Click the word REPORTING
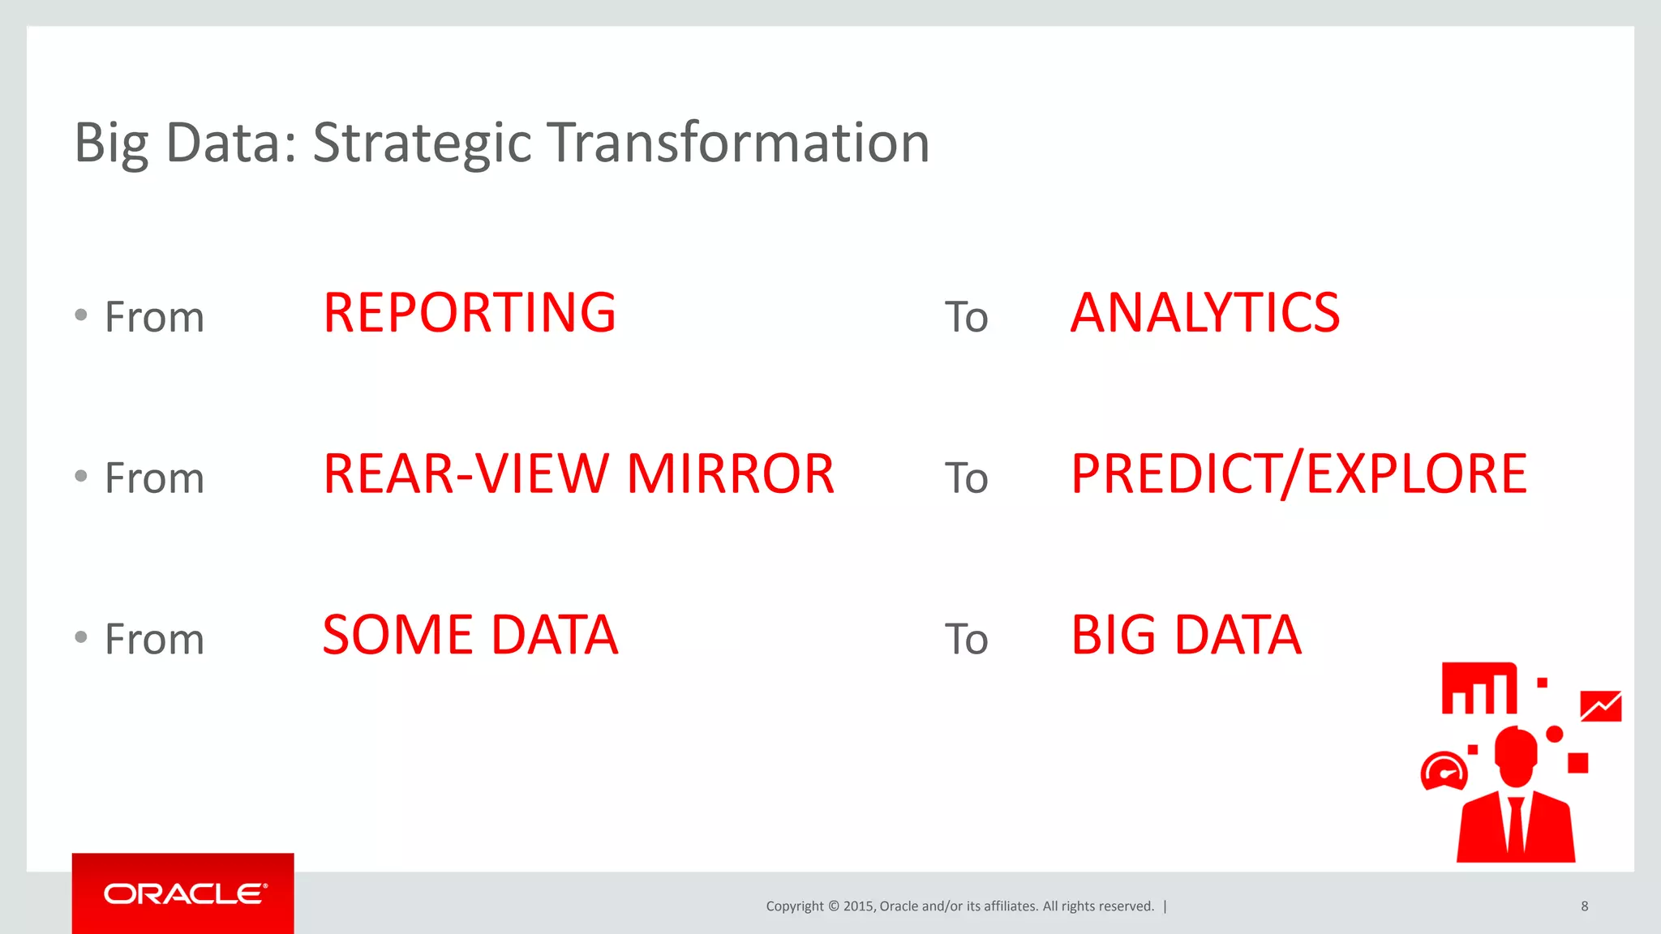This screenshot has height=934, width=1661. tap(470, 313)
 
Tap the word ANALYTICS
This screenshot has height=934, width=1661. tap(1205, 313)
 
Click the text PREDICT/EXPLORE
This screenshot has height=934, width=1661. tap(1298, 474)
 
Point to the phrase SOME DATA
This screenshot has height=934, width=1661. tap(470, 635)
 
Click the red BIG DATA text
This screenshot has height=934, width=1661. tap(1186, 635)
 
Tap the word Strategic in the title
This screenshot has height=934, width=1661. tap(422, 144)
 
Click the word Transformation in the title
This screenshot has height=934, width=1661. tap(738, 144)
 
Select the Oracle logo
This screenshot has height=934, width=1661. tap(184, 893)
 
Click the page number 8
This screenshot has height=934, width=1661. tap(1584, 906)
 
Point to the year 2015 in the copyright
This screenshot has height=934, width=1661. tap(858, 906)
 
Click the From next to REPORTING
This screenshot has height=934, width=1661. tap(154, 317)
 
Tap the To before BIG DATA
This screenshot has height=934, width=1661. tap(966, 640)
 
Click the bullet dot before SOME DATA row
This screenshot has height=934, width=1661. tap(81, 637)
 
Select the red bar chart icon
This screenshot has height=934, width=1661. tap(1479, 689)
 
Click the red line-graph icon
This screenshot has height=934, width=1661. tap(1600, 706)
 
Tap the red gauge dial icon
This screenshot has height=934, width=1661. tap(1444, 771)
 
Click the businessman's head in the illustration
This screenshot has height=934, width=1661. tap(1515, 754)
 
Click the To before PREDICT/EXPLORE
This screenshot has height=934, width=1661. tap(966, 478)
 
